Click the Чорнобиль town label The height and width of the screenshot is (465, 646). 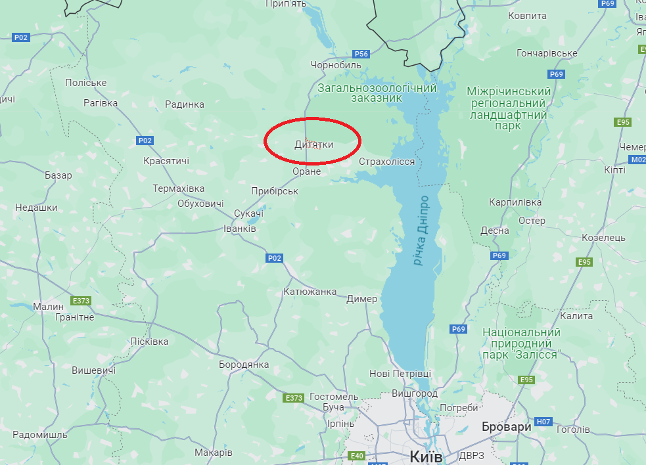(x=336, y=65)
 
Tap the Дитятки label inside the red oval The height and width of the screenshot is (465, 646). (x=313, y=144)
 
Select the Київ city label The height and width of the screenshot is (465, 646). (x=426, y=456)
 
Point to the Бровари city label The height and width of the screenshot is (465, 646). (x=506, y=426)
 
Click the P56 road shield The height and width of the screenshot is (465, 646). (x=361, y=54)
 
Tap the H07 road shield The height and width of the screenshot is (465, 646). (x=543, y=421)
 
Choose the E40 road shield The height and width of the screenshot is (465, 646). (x=357, y=456)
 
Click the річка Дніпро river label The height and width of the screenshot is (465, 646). (x=421, y=230)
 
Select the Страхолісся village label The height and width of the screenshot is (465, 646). (x=387, y=162)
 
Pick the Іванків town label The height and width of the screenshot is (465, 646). (x=240, y=228)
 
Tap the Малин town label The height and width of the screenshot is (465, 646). (x=49, y=306)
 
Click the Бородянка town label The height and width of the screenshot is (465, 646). (x=244, y=364)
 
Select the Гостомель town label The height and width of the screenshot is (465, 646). (x=333, y=397)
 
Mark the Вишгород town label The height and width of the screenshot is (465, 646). (x=414, y=393)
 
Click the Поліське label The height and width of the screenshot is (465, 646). (x=85, y=82)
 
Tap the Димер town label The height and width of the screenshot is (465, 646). (x=362, y=299)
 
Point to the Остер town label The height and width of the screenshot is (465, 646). (x=532, y=220)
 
